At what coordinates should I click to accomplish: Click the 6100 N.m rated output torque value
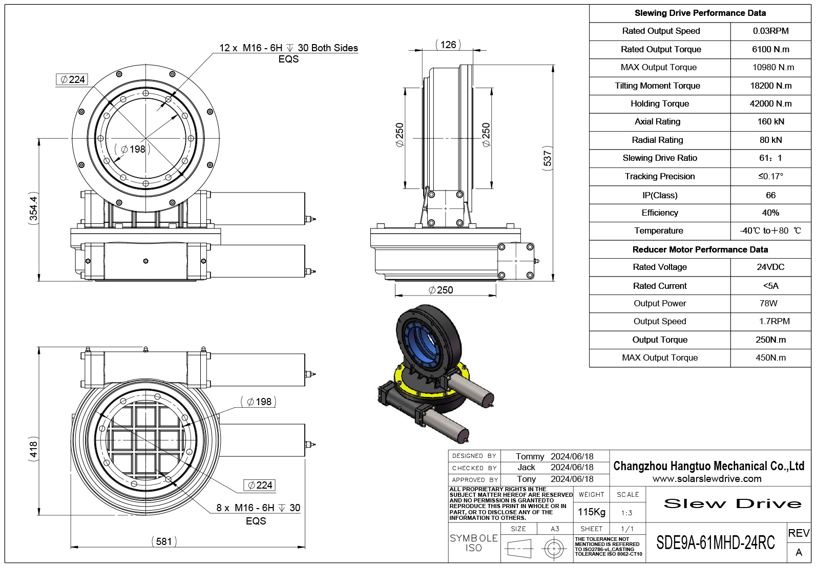770,49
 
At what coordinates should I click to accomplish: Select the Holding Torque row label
659,103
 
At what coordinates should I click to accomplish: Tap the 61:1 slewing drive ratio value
770,158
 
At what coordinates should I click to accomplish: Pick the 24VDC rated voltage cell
770,267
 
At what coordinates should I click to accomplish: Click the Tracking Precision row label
659,176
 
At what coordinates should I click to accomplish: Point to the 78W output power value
768,303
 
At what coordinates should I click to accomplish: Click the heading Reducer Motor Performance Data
700,249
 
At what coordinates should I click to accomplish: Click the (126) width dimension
448,45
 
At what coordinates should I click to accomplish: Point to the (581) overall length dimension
164,541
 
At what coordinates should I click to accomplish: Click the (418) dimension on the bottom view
33,449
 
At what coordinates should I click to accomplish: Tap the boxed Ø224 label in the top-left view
72,79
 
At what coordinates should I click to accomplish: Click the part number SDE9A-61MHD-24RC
716,543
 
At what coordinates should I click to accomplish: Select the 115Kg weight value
591,512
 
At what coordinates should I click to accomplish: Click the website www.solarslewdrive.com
707,479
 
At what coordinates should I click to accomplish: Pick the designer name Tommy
530,456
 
